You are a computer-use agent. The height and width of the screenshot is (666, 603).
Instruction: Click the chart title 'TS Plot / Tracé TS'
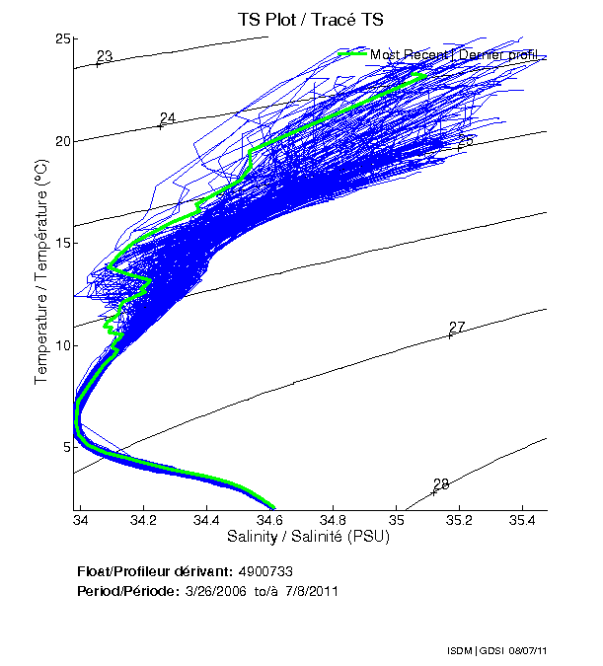point(310,19)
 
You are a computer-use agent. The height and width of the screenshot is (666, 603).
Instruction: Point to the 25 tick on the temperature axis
point(62,38)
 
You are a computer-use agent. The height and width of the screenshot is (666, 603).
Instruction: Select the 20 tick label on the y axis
point(62,141)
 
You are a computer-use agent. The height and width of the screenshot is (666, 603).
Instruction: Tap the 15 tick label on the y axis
point(62,243)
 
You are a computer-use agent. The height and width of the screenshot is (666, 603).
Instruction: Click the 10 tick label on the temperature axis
point(62,345)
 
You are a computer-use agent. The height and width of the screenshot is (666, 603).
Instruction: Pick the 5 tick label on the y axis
point(66,447)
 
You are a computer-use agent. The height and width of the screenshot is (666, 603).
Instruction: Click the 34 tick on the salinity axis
point(81,520)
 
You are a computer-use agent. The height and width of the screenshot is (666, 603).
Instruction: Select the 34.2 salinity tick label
point(144,520)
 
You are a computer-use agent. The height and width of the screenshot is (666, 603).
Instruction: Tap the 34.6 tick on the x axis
point(269,520)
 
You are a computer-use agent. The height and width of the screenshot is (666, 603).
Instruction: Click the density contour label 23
point(105,56)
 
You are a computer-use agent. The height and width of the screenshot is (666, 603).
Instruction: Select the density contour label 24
point(167,118)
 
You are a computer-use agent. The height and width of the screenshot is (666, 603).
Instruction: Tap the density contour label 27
point(457,328)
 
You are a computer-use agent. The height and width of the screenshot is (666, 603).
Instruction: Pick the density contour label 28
point(441,483)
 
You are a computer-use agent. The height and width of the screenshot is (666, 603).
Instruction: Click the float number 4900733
point(266,571)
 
